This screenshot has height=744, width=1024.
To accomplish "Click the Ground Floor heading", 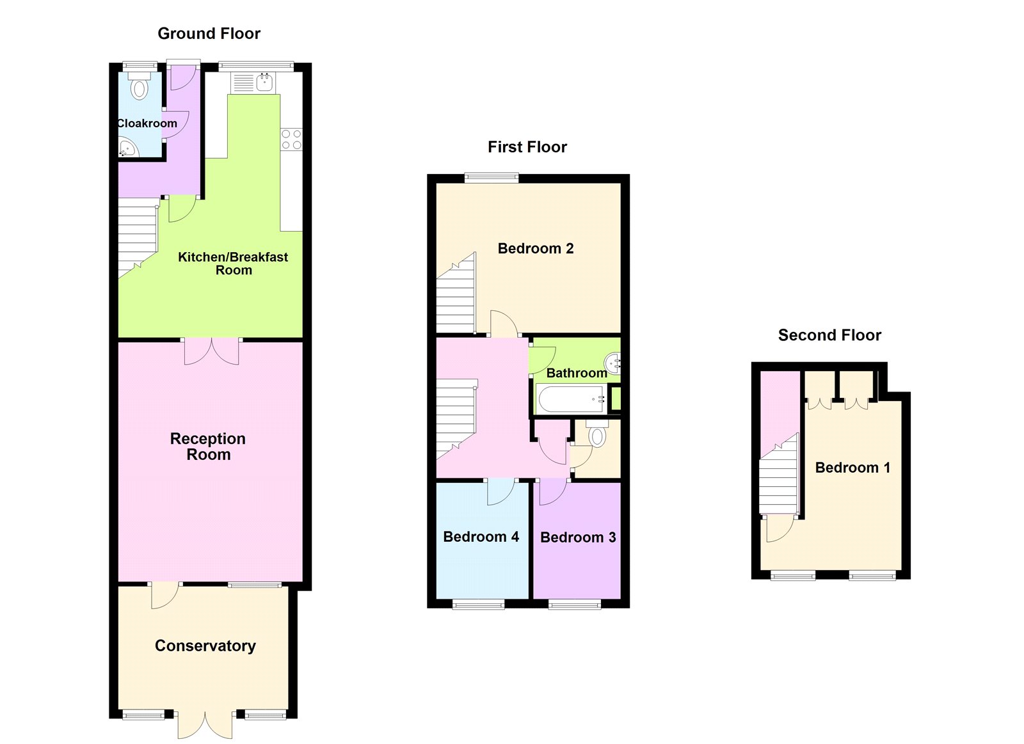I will tap(209, 34).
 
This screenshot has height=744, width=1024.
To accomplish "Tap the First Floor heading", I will tap(527, 147).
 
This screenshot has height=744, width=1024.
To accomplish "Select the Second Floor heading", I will tap(829, 335).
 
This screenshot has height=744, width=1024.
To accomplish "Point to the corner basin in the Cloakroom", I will tap(127, 149).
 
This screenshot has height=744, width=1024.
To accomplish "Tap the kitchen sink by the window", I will tap(264, 82).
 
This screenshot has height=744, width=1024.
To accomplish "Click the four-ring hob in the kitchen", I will tap(291, 139).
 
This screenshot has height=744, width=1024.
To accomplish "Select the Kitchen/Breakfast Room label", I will tap(233, 264).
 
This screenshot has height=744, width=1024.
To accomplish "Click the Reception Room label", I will tap(208, 447).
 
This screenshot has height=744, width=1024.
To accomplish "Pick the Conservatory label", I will tap(205, 646).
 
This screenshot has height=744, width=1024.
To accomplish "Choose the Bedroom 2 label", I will tap(535, 248).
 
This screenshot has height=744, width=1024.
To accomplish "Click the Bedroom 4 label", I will tap(481, 537).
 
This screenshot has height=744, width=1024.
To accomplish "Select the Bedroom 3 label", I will tap(578, 537).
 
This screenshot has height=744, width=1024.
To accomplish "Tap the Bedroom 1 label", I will tap(852, 468).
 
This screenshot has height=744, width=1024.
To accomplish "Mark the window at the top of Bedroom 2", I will tap(491, 178).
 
